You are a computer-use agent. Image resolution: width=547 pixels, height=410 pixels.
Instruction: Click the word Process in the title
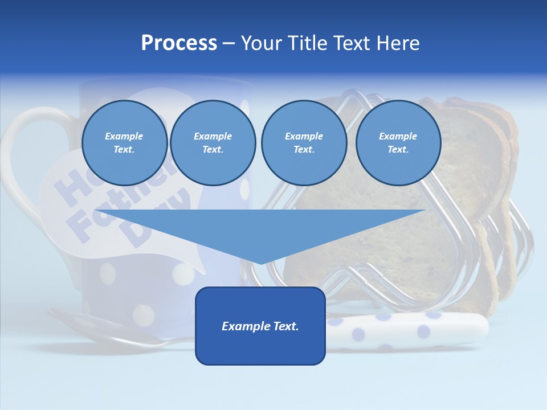point(179,43)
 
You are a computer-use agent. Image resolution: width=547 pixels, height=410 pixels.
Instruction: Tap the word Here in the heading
point(397,43)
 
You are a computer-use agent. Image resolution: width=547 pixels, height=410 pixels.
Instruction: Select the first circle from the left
point(124,143)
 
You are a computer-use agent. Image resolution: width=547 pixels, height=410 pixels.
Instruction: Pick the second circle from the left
point(213,143)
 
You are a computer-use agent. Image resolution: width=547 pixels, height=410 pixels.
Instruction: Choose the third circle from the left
point(304,143)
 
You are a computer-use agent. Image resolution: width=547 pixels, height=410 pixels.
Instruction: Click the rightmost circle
point(398,143)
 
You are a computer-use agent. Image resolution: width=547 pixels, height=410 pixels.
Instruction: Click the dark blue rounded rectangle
point(260,347)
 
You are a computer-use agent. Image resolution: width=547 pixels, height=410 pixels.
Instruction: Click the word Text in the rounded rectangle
point(285,326)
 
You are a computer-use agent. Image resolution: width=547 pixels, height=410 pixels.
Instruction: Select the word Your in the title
point(260,43)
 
